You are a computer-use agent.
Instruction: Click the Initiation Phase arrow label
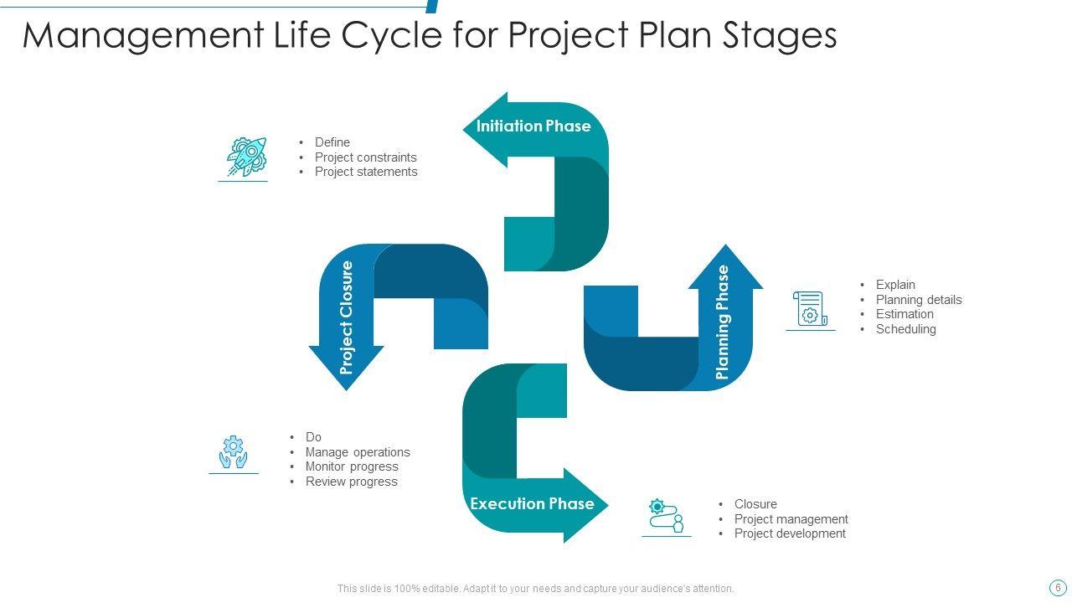533,126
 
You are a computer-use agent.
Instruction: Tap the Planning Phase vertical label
724,322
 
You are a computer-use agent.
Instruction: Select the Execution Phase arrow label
532,504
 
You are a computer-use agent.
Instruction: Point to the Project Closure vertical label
347,317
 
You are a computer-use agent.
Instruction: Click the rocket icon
246,157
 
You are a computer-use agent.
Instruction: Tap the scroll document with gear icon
810,309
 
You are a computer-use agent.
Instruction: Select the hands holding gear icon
234,452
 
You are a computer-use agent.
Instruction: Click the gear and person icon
667,515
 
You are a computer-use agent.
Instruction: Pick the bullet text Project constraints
365,157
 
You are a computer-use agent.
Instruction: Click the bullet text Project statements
366,172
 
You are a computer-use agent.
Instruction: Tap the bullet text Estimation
904,314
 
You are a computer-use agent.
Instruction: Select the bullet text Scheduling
905,329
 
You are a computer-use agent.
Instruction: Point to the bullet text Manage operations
358,452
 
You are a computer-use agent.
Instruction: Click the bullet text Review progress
351,482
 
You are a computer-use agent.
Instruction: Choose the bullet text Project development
790,533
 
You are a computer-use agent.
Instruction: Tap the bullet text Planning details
919,300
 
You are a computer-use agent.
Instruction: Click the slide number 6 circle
1058,588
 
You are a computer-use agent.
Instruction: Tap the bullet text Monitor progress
352,466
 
